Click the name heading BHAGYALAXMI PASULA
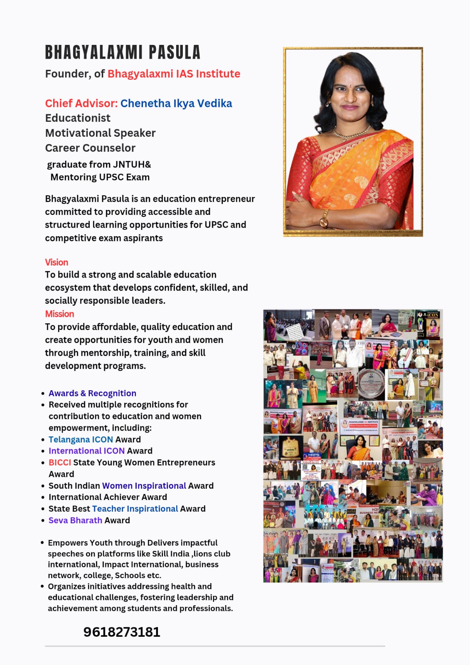coord(123,53)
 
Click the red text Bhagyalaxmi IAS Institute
coord(174,74)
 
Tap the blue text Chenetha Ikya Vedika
coord(176,103)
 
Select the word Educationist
coord(78,118)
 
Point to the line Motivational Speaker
coord(100,133)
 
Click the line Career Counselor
coord(90,148)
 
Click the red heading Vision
coord(57,262)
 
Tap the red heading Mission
coord(59,314)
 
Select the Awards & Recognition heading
coord(92,393)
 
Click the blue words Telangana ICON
coord(81,439)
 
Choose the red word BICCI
coord(59,463)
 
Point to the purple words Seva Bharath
coord(75,520)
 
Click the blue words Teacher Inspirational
coord(135,509)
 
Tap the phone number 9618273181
coord(122,632)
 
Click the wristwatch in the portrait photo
coord(324,218)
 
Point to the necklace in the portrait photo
coord(352,134)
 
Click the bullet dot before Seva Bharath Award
coord(43,520)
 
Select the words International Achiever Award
coord(108,497)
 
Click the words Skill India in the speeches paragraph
coord(172,554)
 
